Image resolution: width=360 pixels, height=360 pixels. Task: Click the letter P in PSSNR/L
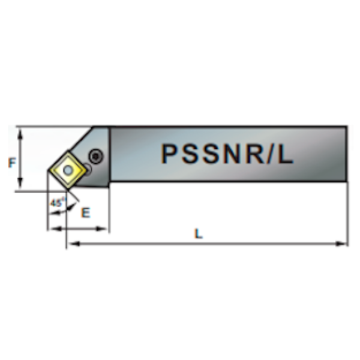169,154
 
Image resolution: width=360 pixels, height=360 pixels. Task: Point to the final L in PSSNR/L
285,154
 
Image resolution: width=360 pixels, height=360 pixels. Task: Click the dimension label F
12,163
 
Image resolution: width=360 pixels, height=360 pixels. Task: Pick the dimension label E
86,212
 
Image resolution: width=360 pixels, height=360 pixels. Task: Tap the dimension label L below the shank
199,234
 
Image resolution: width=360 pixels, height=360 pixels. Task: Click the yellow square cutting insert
68,170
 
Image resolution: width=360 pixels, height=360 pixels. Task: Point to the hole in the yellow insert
68,170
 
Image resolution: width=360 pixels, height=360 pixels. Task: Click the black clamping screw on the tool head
96,157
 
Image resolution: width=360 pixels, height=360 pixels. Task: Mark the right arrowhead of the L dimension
341,244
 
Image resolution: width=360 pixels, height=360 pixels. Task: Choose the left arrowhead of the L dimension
73,244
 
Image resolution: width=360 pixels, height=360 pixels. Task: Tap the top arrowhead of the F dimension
20,134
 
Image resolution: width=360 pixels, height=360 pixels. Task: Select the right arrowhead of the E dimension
101,229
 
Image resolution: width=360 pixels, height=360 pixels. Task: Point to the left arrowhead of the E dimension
56,229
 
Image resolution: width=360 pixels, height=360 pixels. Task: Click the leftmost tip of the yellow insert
48,170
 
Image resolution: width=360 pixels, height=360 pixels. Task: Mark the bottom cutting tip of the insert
67,190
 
